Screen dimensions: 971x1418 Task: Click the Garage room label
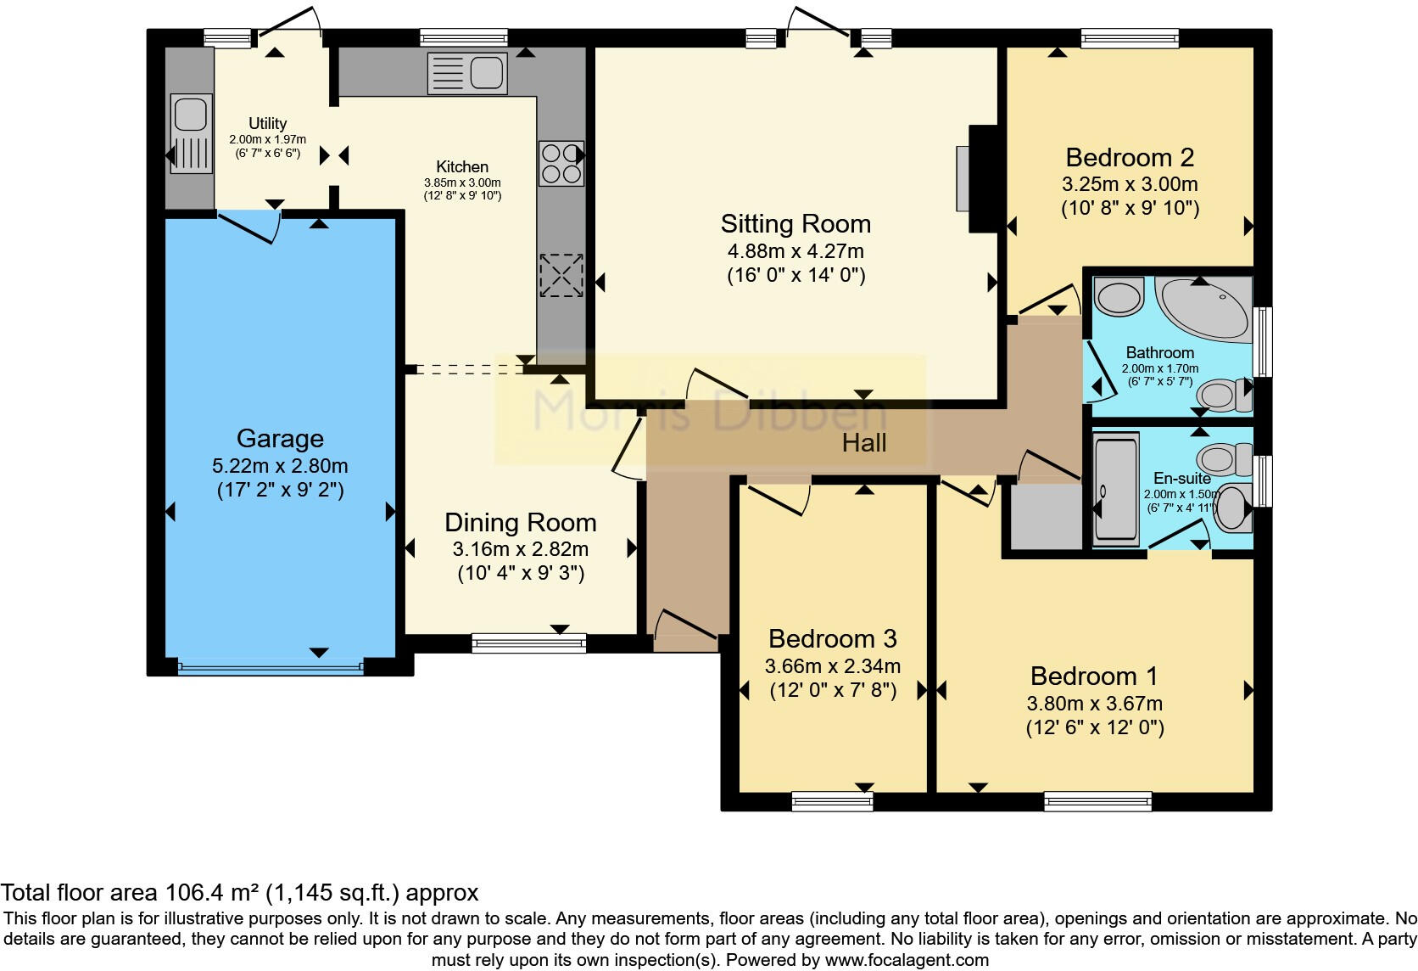coord(280,438)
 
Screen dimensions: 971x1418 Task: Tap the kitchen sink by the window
coord(467,73)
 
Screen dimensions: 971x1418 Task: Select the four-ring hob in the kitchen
coord(561,163)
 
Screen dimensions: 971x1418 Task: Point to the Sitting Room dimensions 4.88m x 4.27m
coord(796,251)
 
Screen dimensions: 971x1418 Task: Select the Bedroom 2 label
coord(1130,157)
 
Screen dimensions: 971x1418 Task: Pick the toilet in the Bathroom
coord(1225,395)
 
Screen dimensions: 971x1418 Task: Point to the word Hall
coord(864,442)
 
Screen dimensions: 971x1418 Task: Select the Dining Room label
coord(520,522)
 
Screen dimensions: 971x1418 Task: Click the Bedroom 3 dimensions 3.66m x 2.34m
coord(832,666)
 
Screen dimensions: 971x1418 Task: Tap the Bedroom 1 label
coord(1093,676)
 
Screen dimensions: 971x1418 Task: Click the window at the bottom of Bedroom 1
coord(1097,800)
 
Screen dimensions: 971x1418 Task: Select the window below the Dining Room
coord(528,643)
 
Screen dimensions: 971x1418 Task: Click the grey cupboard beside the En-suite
coord(1042,517)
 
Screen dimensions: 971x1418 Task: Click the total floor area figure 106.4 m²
coord(211,893)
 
